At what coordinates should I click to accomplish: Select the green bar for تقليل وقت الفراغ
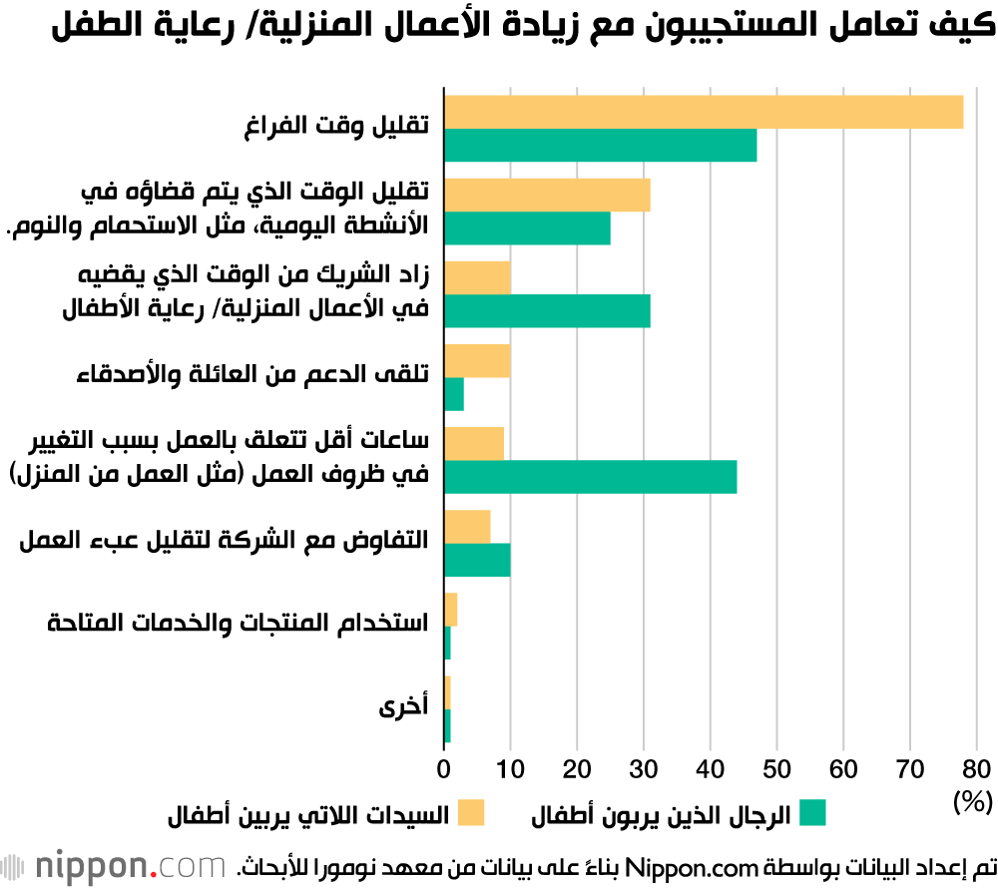[600, 146]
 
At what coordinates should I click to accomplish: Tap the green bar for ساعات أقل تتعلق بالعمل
[590, 477]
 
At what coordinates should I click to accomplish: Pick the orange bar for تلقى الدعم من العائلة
[477, 361]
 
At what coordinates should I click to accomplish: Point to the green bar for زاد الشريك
[547, 311]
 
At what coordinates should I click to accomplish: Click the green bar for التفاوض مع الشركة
[477, 560]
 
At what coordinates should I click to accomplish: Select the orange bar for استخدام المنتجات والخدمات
[450, 610]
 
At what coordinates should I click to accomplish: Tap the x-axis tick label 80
[976, 769]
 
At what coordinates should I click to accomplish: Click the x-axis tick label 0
[444, 769]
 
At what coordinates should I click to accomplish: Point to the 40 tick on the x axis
[710, 769]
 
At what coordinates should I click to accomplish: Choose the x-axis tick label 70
[909, 769]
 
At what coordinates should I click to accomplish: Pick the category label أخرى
[403, 708]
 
